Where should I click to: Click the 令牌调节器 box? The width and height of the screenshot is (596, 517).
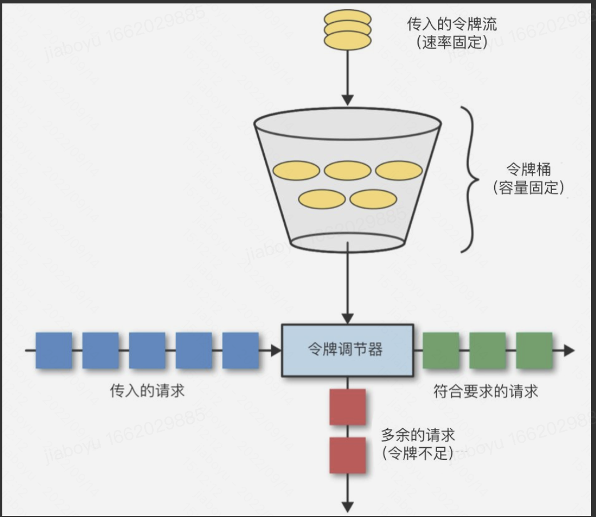tap(347, 350)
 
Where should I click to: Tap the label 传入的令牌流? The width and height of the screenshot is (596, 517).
tap(452, 24)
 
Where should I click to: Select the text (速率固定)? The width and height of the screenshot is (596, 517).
tap(452, 41)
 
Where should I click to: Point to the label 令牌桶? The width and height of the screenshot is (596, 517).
tap(528, 170)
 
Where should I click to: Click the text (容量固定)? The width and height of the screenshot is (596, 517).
tap(528, 188)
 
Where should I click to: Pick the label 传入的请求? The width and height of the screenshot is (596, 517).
tap(147, 391)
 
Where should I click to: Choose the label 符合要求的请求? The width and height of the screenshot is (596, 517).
tap(486, 391)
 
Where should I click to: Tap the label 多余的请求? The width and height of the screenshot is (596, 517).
tap(418, 435)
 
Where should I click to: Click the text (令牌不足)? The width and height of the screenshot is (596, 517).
tap(418, 453)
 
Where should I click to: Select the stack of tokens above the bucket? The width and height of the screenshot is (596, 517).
tap(347, 29)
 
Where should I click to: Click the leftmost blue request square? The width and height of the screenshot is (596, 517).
tap(54, 350)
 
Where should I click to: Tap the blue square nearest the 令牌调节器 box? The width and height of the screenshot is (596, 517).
tap(240, 350)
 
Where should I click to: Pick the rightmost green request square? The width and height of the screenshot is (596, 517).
tap(534, 350)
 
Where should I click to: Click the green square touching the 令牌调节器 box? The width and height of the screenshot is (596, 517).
tap(441, 350)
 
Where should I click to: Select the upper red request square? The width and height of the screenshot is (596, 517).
tap(348, 407)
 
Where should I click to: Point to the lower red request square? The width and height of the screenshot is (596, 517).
tap(348, 455)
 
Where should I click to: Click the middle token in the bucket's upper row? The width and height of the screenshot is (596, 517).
tap(348, 170)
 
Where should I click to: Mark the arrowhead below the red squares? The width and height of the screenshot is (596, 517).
tap(348, 506)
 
